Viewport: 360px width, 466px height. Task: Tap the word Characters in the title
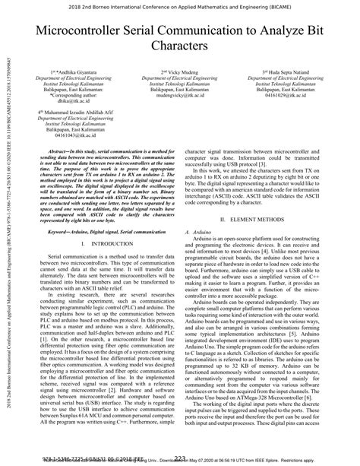click(x=180, y=46)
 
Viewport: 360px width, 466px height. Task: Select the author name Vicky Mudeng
click(x=180, y=72)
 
